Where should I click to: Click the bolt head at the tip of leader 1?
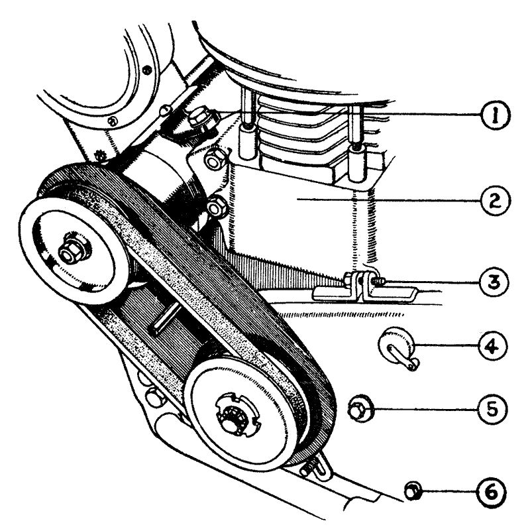point(199,120)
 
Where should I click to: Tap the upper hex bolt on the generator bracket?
point(213,160)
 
